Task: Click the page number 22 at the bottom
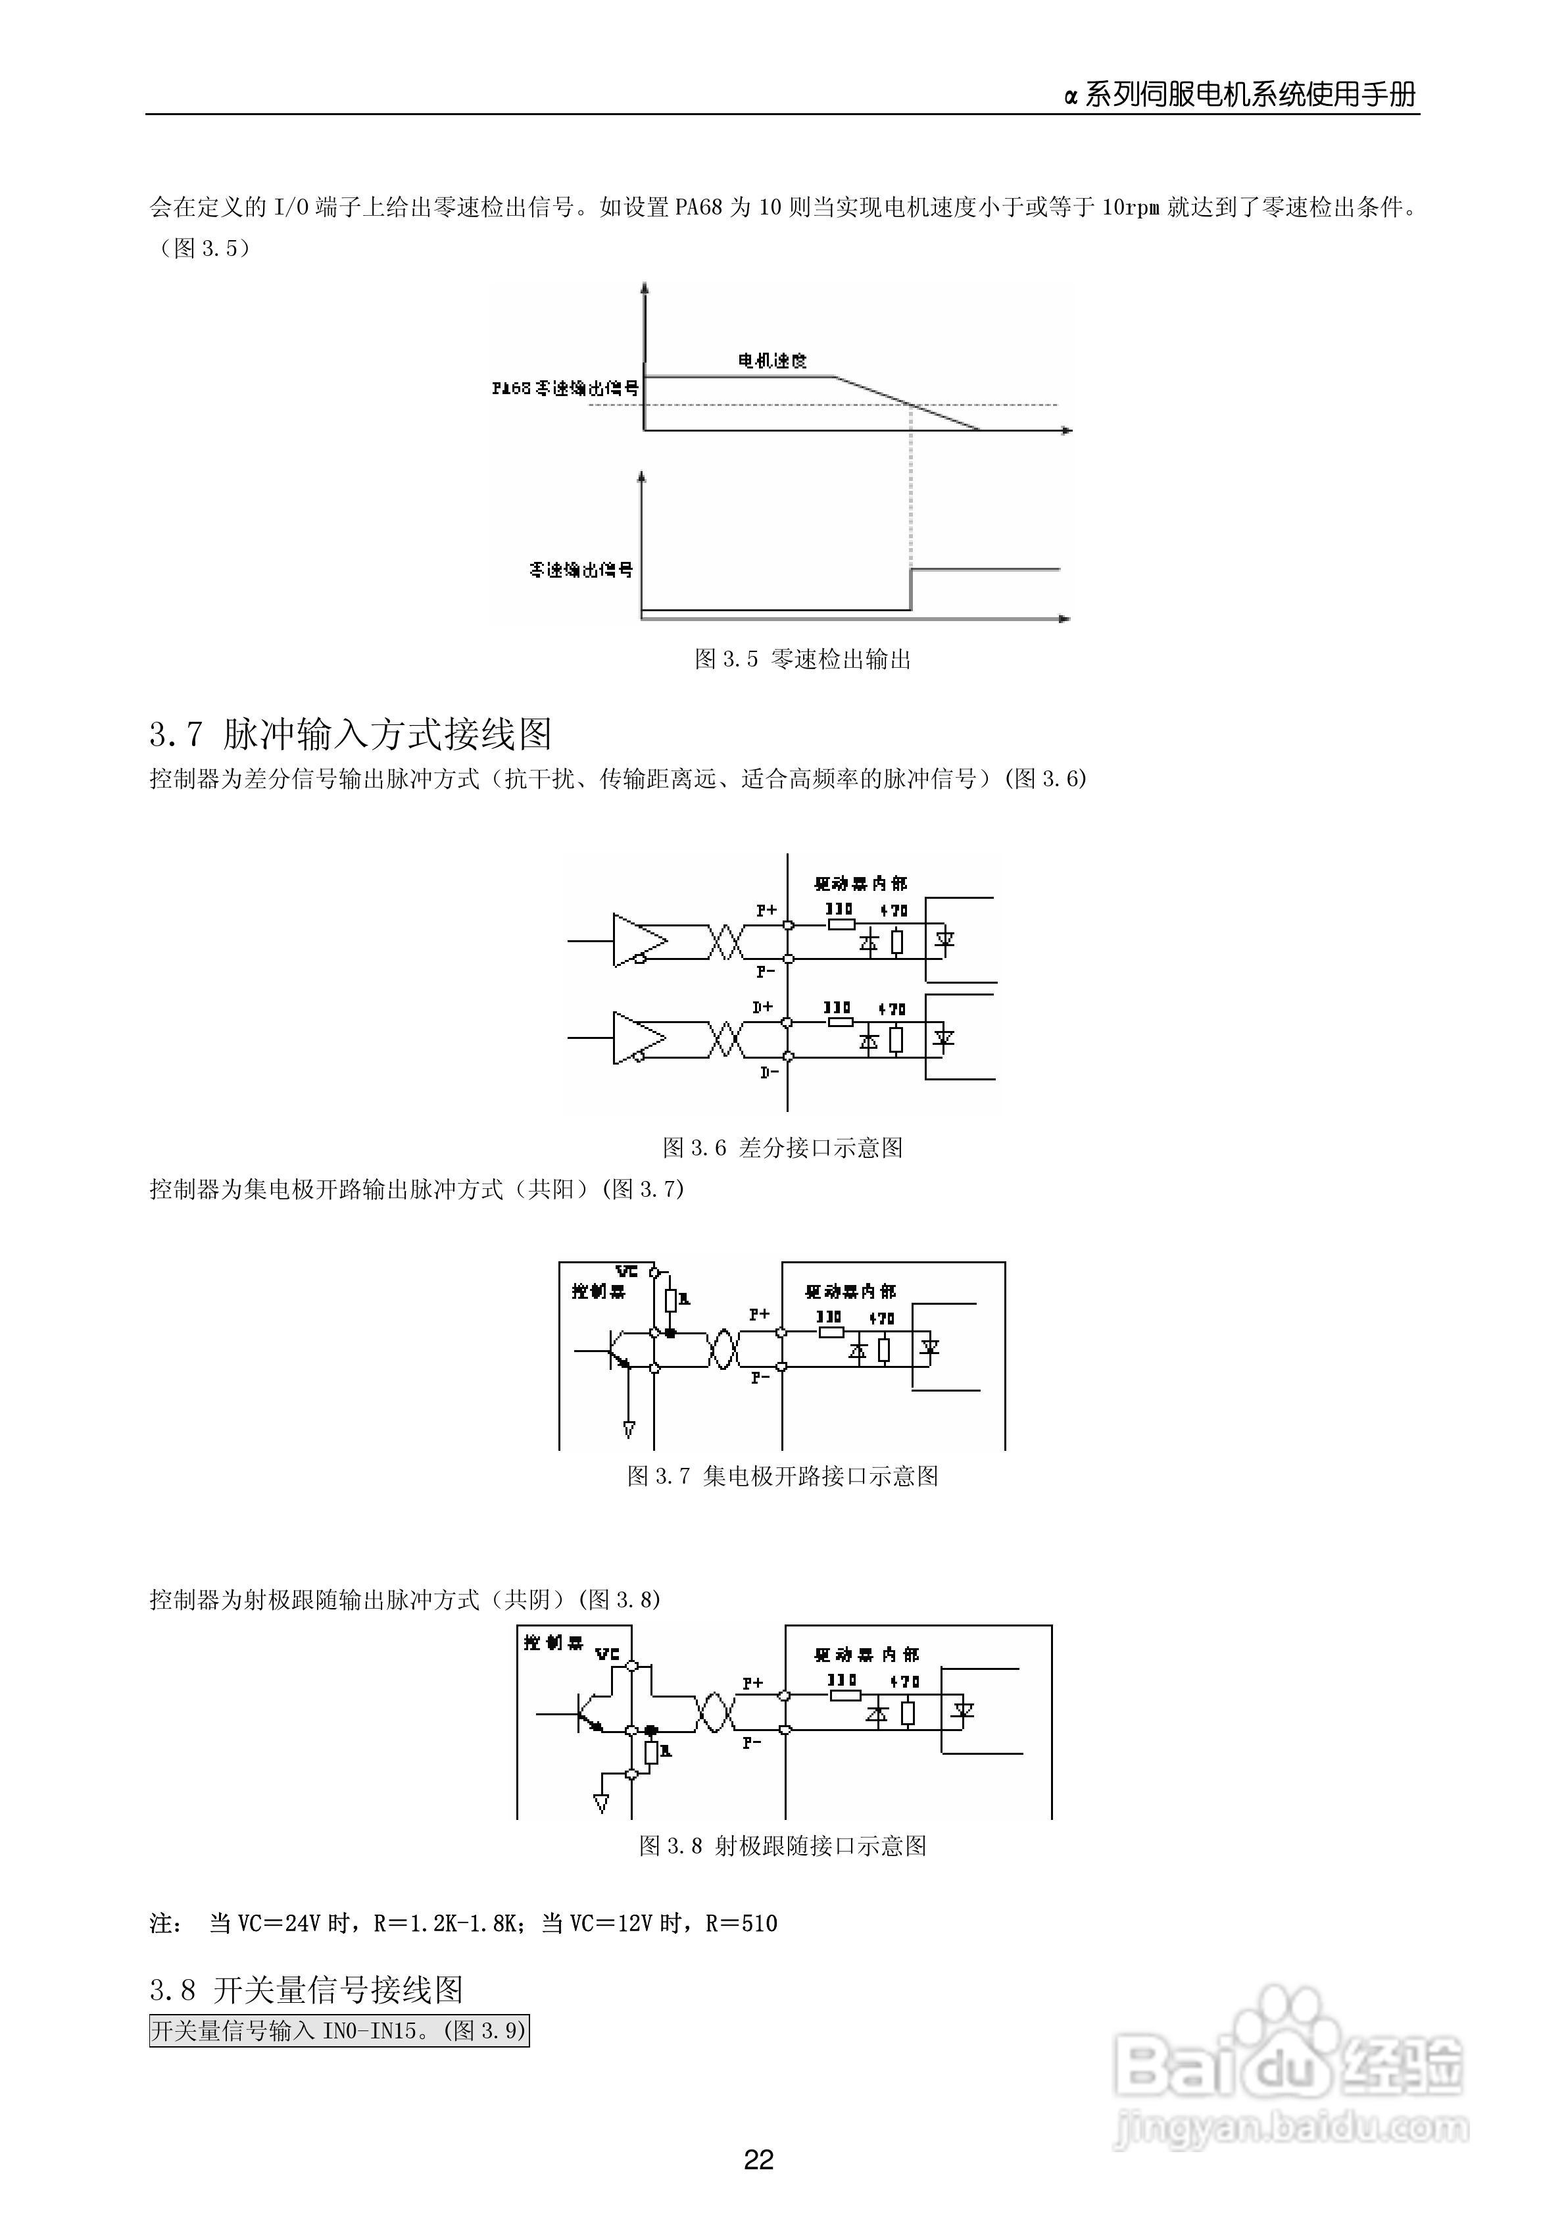click(758, 2159)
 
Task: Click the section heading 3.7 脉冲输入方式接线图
click(351, 734)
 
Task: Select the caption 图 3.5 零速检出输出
click(803, 659)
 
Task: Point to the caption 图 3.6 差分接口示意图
click(783, 1147)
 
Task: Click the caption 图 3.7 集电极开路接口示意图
click(783, 1476)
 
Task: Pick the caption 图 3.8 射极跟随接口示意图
click(783, 1846)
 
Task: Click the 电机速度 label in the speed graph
click(772, 361)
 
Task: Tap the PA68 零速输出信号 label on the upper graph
click(564, 388)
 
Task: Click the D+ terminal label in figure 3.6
click(763, 1007)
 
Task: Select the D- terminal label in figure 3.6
click(768, 1072)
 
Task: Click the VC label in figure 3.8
click(607, 1654)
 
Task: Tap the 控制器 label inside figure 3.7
click(599, 1292)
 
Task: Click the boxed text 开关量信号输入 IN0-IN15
click(339, 2030)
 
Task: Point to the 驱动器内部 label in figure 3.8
click(866, 1654)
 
